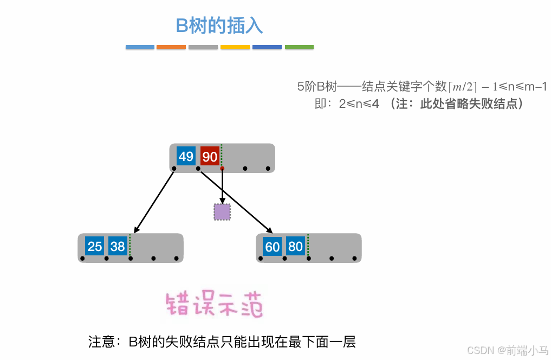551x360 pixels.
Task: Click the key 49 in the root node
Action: click(186, 157)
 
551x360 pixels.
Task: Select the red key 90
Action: click(210, 157)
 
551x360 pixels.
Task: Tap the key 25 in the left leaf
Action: click(95, 246)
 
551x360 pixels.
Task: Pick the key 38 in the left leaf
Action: click(118, 246)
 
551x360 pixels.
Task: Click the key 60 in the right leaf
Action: click(272, 247)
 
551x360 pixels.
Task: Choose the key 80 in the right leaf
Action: click(295, 247)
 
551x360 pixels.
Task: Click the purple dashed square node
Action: click(222, 212)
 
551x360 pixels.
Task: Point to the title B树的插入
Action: click(219, 25)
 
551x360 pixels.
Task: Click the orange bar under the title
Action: click(171, 47)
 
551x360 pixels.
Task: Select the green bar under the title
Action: click(299, 47)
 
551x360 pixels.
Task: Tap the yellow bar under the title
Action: click(235, 47)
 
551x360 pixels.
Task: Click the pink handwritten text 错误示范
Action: click(215, 305)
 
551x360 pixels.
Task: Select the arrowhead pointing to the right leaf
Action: click(269, 230)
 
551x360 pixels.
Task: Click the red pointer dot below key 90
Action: click(222, 169)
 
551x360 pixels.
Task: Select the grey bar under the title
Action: click(203, 47)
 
